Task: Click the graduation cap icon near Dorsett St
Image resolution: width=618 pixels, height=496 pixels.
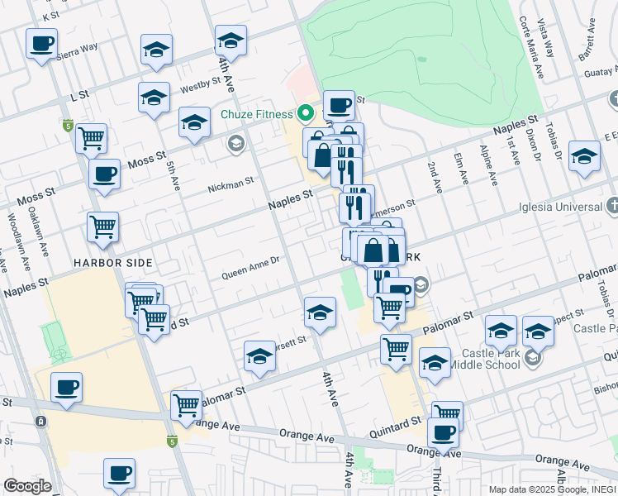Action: [259, 356]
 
